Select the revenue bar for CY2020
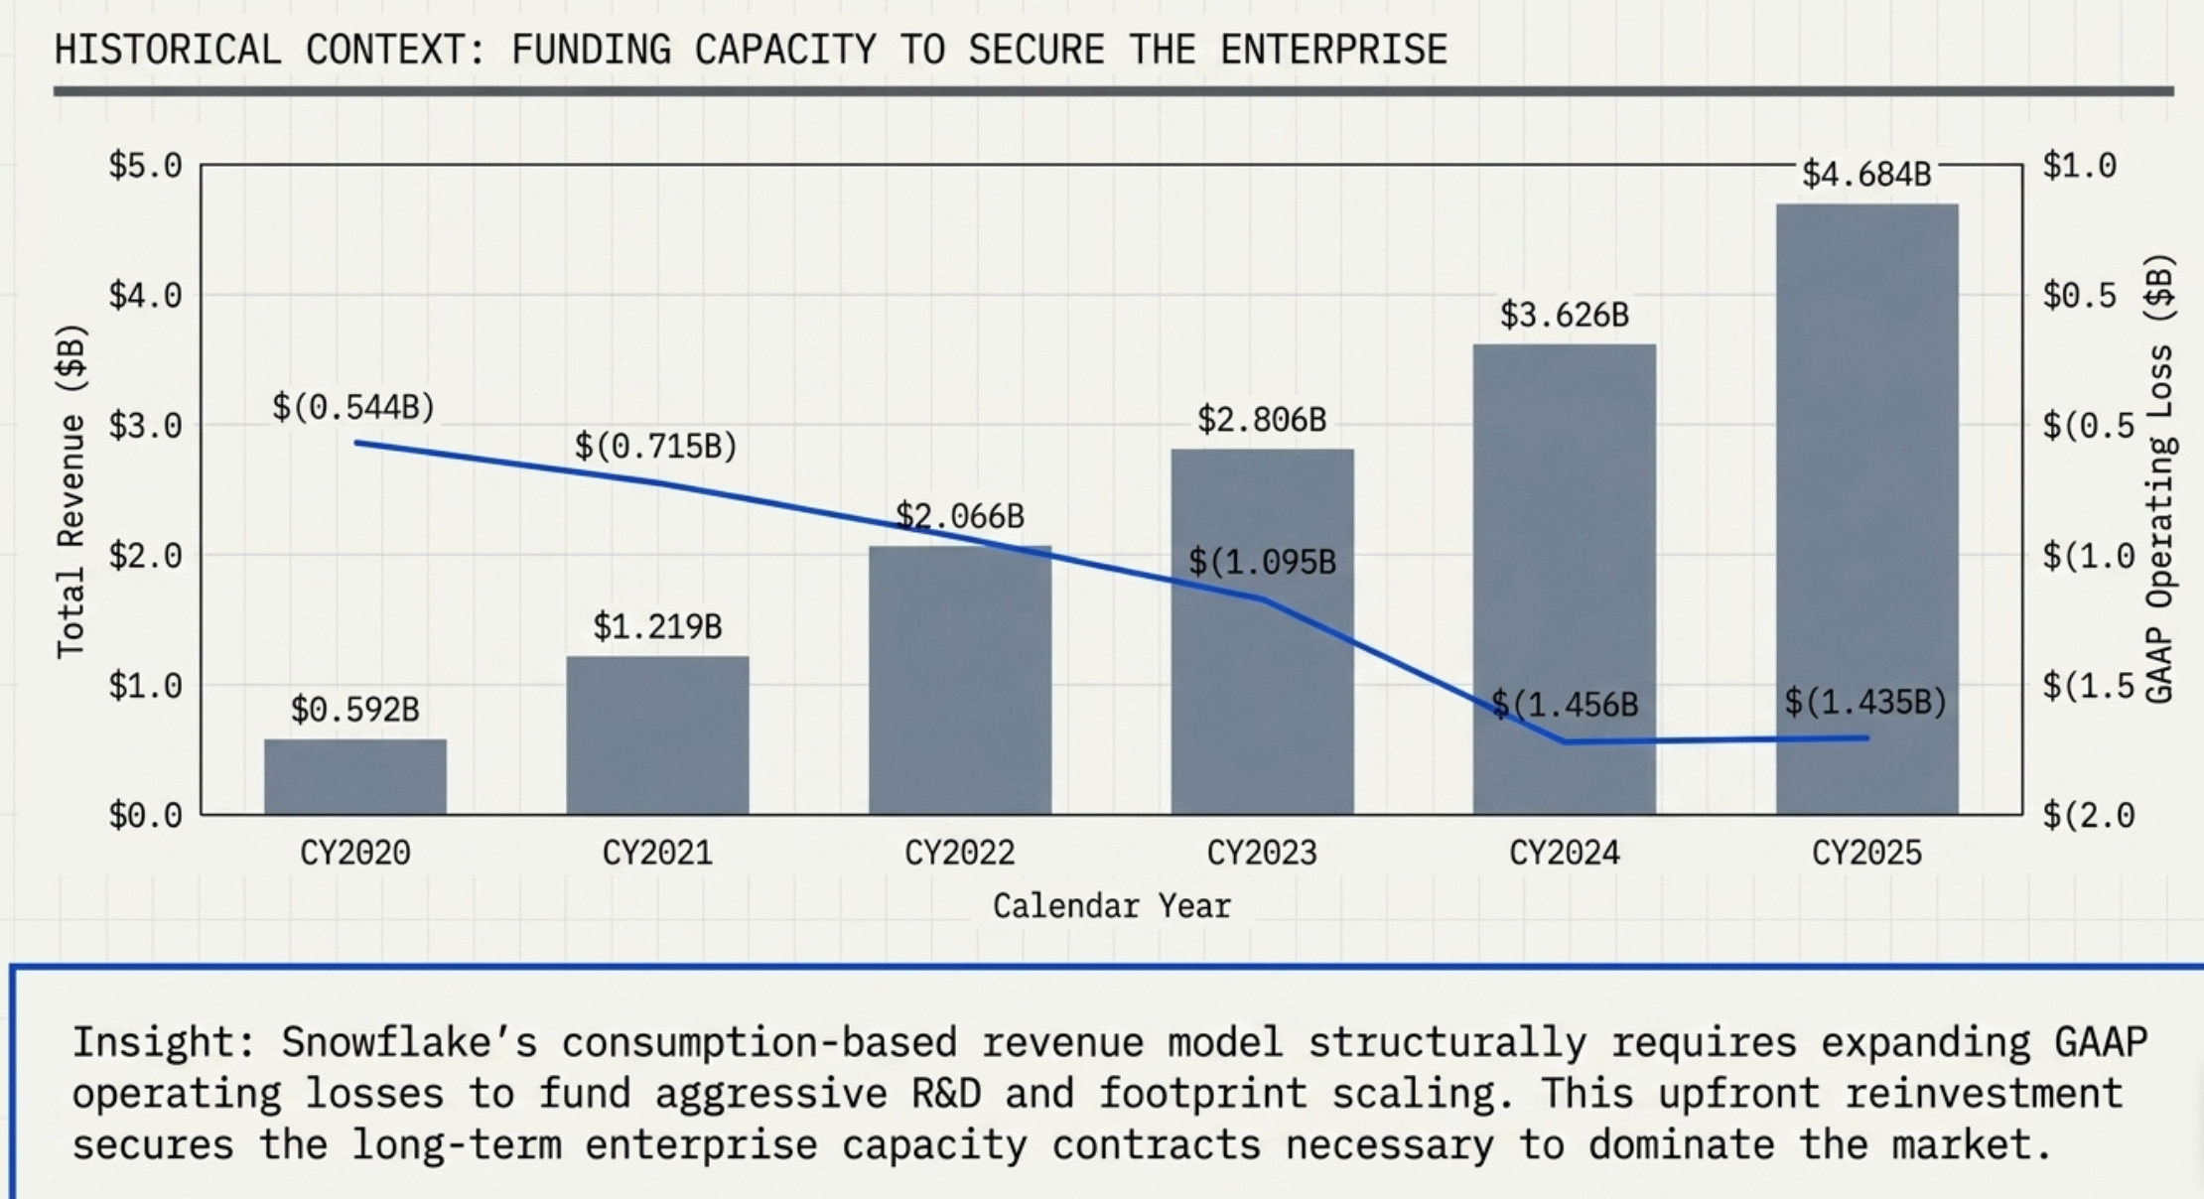click(x=355, y=776)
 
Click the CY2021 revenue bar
click(x=657, y=734)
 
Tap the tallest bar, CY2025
click(x=1866, y=509)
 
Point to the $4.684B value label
click(x=1866, y=175)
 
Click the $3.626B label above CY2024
click(x=1565, y=315)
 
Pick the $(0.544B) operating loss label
click(x=354, y=407)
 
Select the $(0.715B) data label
click(x=656, y=446)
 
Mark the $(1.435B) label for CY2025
click(x=1865, y=702)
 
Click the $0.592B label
click(x=355, y=710)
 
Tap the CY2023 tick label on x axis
click(x=1262, y=853)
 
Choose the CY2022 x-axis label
click(x=960, y=853)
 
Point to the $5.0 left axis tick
click(x=146, y=165)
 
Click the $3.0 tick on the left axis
click(x=146, y=425)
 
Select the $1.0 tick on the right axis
click(x=2080, y=165)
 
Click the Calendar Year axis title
click(x=1112, y=905)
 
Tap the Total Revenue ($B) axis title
click(x=71, y=490)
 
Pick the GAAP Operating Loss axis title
click(x=2160, y=478)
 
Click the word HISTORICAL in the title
click(x=168, y=50)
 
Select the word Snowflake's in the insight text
click(x=409, y=1042)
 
